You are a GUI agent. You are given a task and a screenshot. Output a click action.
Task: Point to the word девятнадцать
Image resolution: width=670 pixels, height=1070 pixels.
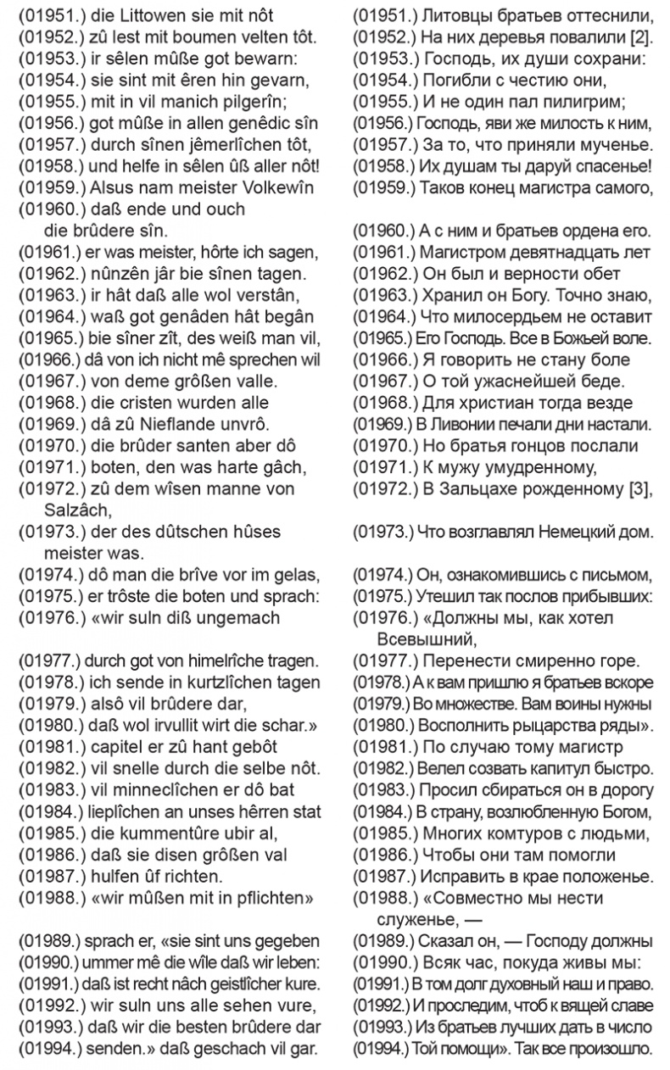pyautogui.click(x=541, y=252)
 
